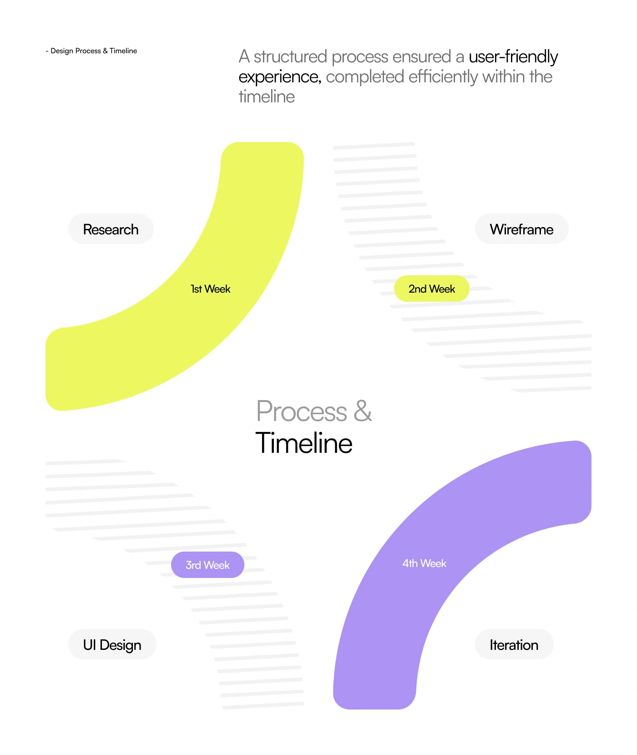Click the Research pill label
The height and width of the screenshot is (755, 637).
[x=111, y=229]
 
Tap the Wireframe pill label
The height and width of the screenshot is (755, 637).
[x=522, y=229]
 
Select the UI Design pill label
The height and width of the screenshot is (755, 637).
[x=112, y=644]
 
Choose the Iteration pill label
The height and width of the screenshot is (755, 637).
[x=514, y=644]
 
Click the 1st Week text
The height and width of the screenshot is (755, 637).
[x=211, y=289]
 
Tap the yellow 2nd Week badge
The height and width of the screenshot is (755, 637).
[x=432, y=289]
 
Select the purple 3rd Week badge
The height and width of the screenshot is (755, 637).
[x=207, y=565]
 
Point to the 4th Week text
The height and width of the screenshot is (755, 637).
[x=425, y=563]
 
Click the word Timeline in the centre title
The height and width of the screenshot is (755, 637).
[x=304, y=443]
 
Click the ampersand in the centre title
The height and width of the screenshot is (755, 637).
[x=363, y=411]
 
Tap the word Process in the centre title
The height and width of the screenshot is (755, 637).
[x=302, y=411]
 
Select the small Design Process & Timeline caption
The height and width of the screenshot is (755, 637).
[x=91, y=51]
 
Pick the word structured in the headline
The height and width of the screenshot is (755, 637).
[x=290, y=56]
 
